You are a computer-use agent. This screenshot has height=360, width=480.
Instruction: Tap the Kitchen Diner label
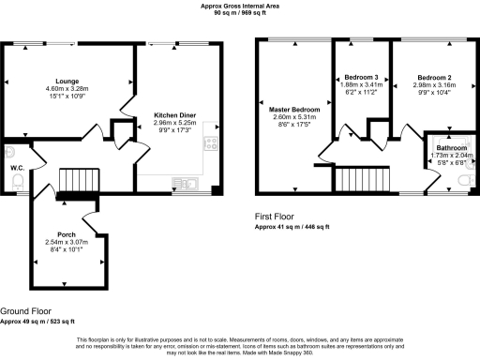pos(173,115)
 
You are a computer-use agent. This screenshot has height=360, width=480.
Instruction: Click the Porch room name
pos(66,234)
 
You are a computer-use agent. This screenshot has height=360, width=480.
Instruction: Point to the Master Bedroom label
pos(294,111)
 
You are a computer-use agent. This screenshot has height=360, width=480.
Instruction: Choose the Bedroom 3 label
pos(361,77)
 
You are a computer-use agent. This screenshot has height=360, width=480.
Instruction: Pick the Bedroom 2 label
pos(435,77)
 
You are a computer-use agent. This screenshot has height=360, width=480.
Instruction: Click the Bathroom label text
pos(452,147)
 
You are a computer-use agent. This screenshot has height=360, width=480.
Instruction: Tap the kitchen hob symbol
pos(212,143)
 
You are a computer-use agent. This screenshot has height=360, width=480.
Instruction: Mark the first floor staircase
pos(355,177)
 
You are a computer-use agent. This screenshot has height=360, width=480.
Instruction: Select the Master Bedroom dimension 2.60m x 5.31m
pos(294,119)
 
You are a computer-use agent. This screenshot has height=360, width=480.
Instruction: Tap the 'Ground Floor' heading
pos(25,310)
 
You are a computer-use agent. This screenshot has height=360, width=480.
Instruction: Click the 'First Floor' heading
pos(278,217)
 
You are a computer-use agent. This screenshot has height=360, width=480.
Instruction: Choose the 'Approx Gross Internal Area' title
pos(240,5)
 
